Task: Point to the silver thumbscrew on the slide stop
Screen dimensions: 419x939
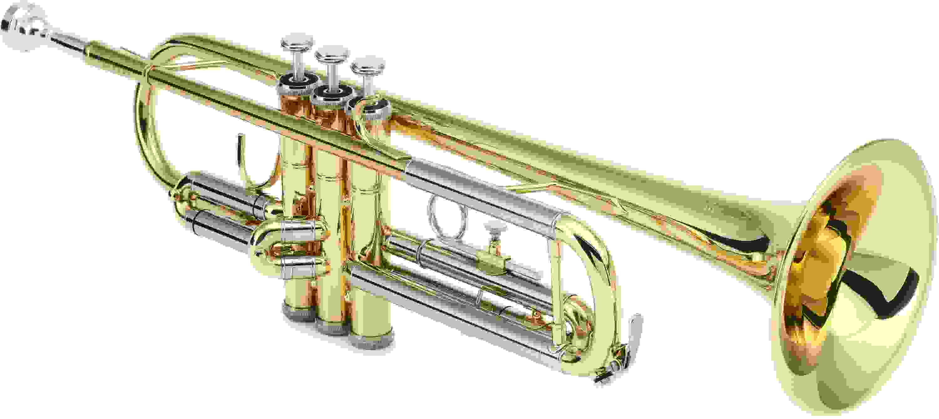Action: [x=495, y=230]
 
